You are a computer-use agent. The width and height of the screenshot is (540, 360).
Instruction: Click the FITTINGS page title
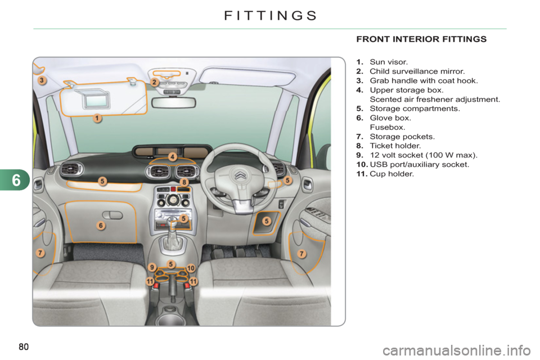[x=271, y=16]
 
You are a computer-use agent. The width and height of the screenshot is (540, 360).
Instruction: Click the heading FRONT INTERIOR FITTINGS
[x=421, y=39]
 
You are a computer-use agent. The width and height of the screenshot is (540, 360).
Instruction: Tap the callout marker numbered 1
[x=97, y=118]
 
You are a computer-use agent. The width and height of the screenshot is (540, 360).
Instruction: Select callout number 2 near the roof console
[x=155, y=82]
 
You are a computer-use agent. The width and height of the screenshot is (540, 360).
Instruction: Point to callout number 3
[x=42, y=80]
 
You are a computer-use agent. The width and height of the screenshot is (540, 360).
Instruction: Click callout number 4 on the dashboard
[x=173, y=157]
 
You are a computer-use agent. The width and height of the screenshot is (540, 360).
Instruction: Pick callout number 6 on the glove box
[x=101, y=226]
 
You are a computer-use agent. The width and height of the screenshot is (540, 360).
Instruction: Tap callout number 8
[x=184, y=182]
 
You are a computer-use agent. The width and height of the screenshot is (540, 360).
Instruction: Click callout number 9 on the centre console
[x=152, y=267]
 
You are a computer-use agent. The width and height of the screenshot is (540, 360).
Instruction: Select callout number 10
[x=191, y=268]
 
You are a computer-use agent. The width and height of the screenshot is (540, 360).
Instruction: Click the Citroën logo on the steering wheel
[x=240, y=175]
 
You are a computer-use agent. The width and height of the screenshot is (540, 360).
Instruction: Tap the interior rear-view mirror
[x=174, y=103]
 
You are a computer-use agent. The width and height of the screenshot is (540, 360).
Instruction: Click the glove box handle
[x=112, y=215]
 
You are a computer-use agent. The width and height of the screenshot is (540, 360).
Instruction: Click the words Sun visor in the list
[x=389, y=62]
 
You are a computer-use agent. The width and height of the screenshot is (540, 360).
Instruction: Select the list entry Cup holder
[x=391, y=174]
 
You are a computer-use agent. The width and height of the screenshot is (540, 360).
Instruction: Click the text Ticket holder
[x=395, y=146]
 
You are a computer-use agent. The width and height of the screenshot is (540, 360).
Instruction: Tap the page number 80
[x=24, y=346]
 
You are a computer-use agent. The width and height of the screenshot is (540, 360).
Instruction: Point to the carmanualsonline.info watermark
[x=457, y=350]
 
